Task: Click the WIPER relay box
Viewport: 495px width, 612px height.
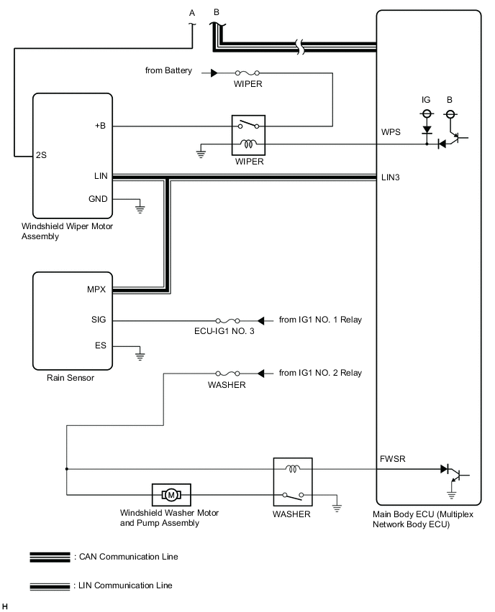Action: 247,134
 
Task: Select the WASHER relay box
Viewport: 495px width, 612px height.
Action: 292,482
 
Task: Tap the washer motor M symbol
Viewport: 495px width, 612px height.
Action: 171,494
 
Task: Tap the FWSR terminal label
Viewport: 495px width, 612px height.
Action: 394,458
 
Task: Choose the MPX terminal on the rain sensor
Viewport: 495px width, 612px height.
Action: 96,291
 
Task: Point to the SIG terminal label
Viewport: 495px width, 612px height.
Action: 99,320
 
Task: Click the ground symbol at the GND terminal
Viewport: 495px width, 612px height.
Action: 140,209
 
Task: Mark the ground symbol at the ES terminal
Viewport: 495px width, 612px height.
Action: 140,354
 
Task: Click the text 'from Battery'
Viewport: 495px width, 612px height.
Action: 168,71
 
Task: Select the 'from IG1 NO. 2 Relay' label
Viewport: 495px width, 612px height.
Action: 320,374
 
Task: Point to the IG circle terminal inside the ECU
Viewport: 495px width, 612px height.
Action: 426,114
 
